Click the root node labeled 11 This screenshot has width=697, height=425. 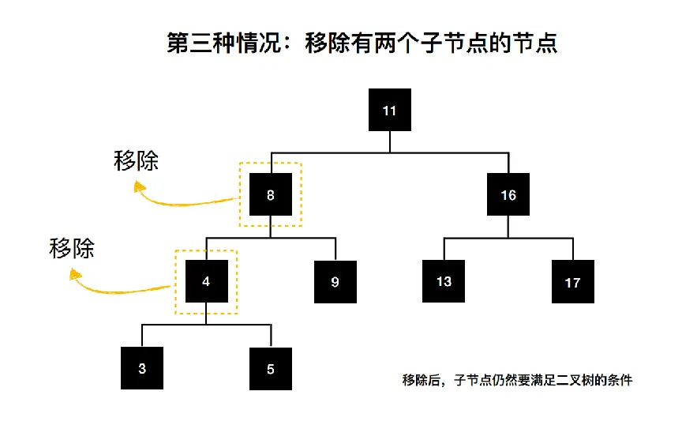pos(390,110)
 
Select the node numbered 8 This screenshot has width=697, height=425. pos(271,194)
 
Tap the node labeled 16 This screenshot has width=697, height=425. pos(508,194)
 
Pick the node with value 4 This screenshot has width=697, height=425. pos(207,281)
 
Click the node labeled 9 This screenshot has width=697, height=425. pos(335,282)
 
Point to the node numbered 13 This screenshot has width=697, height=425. pos(444,281)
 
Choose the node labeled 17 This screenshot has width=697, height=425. pos(573,282)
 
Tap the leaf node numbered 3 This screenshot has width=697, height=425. pos(142,368)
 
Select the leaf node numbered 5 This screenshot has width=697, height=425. pos(271,369)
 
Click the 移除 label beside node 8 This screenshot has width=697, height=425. pos(136,160)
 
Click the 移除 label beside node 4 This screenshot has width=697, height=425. pos(72,248)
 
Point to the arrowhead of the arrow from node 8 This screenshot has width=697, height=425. pos(139,186)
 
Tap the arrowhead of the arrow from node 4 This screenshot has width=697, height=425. pos(75,274)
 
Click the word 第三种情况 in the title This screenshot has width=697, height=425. pos(224,43)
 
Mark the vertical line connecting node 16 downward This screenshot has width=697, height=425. pos(508,227)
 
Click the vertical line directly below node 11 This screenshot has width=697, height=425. pos(390,142)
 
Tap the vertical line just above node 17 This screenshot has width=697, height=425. pos(573,249)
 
